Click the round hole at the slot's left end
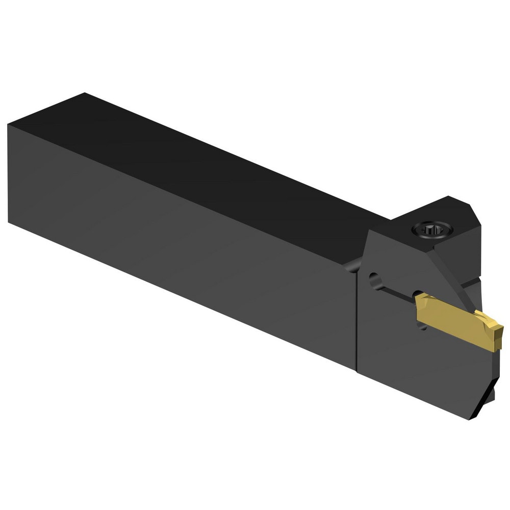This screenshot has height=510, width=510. tap(375, 280)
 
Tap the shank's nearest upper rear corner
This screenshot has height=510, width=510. tap(9, 124)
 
